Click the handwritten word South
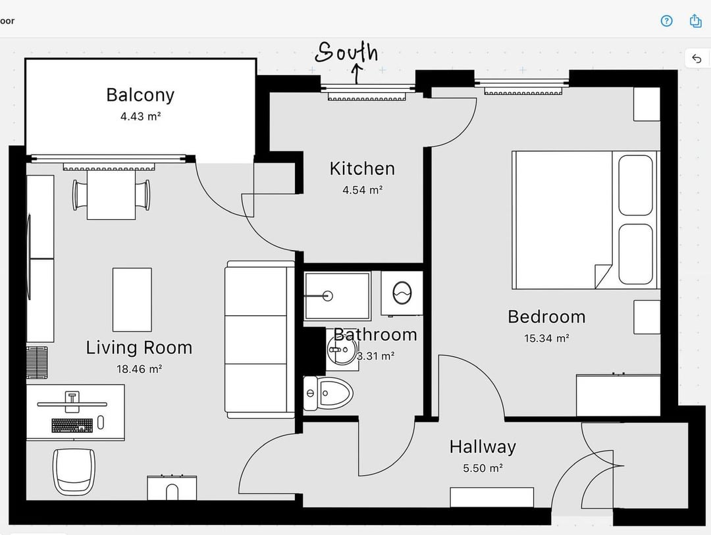(x=346, y=52)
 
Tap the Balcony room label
(x=140, y=95)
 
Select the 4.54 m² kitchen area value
(x=362, y=190)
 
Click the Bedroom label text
(x=546, y=317)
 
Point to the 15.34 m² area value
(x=546, y=338)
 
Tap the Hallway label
(x=483, y=447)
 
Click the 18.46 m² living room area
(x=139, y=369)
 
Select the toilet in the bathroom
(x=328, y=393)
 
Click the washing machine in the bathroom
(x=402, y=293)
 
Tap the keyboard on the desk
(x=72, y=425)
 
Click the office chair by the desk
(x=74, y=472)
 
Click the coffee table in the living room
(x=132, y=299)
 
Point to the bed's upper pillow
(x=636, y=185)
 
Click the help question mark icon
(x=666, y=21)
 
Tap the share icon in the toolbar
(x=696, y=21)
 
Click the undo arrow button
(x=697, y=59)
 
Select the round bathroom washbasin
(x=342, y=349)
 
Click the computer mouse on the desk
(x=101, y=422)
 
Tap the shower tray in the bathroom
(x=337, y=295)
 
